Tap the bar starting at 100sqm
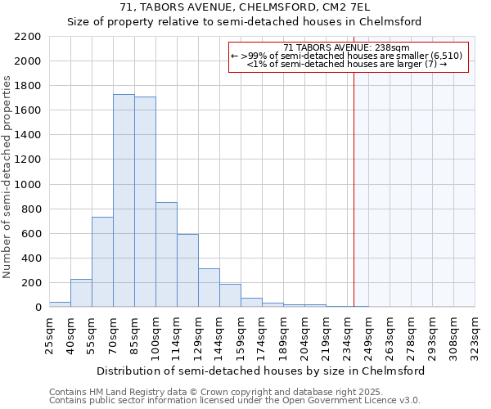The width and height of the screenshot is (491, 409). click(x=166, y=254)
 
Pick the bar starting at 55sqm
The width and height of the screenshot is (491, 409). click(x=102, y=262)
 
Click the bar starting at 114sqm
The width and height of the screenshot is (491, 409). click(x=187, y=270)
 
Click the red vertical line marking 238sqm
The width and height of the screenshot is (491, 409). click(x=354, y=188)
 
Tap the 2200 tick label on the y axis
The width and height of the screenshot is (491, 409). click(x=27, y=37)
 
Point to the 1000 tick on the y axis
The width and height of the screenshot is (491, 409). click(x=27, y=185)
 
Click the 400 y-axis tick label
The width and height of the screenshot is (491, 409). click(x=30, y=258)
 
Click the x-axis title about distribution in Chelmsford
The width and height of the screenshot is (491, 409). click(x=260, y=371)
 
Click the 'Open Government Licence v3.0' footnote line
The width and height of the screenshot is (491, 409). click(x=235, y=401)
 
